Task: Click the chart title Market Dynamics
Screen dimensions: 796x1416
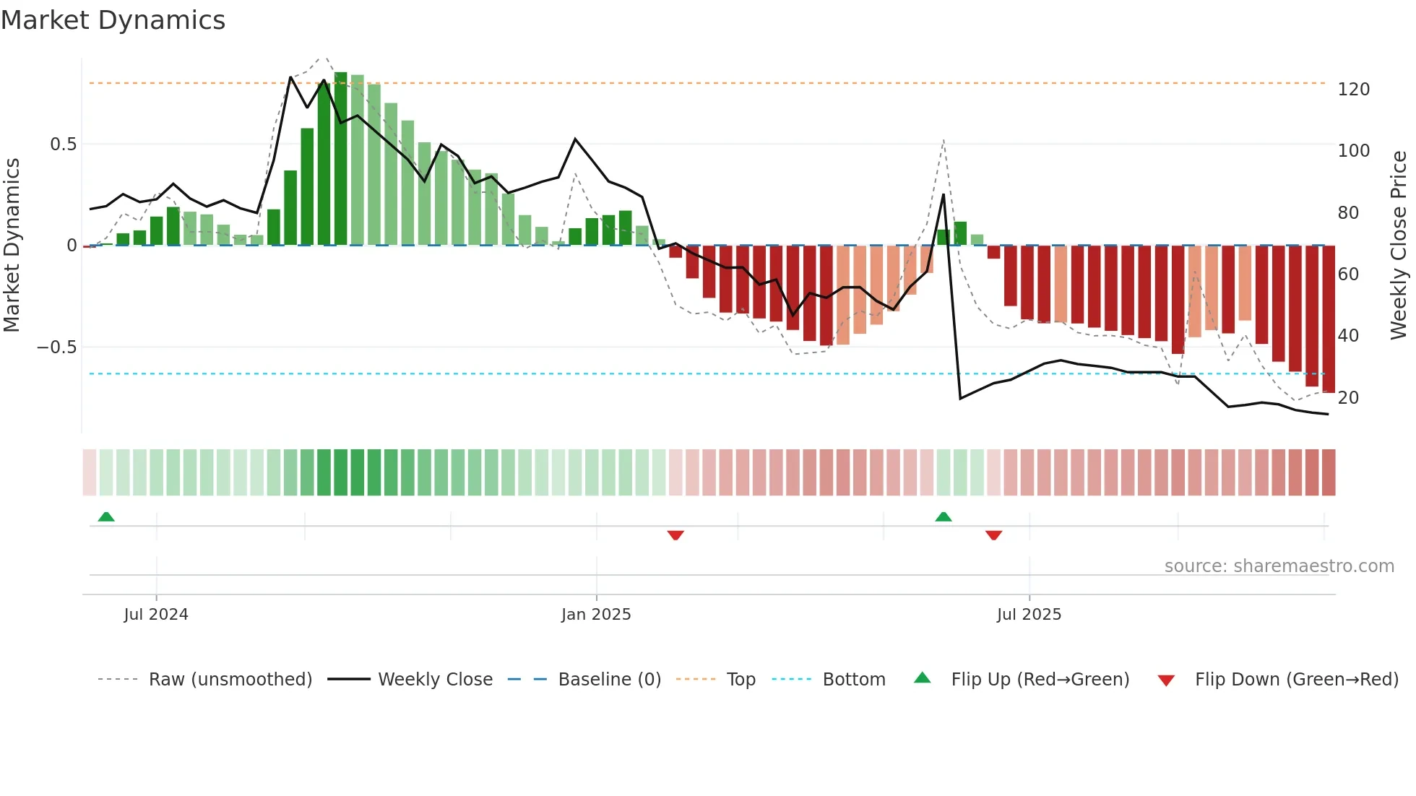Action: coord(113,20)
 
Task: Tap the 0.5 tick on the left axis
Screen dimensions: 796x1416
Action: coord(63,144)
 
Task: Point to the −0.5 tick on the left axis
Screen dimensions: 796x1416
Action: coord(56,347)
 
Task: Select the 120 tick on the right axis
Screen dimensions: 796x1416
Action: coord(1353,90)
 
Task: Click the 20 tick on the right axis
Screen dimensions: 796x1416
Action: coord(1348,398)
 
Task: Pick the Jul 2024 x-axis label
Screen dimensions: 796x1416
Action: coord(156,615)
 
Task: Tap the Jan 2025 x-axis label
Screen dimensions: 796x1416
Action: coord(596,615)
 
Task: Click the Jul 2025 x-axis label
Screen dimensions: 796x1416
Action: coord(1029,615)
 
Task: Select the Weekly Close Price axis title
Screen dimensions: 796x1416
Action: coord(1399,246)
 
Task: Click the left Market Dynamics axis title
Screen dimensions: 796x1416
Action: coord(12,246)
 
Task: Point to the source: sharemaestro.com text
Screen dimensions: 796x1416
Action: coord(1279,566)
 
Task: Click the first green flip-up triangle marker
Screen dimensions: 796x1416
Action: coord(106,516)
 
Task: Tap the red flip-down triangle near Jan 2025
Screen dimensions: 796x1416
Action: coord(675,535)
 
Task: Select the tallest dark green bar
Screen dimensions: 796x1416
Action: coord(341,159)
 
